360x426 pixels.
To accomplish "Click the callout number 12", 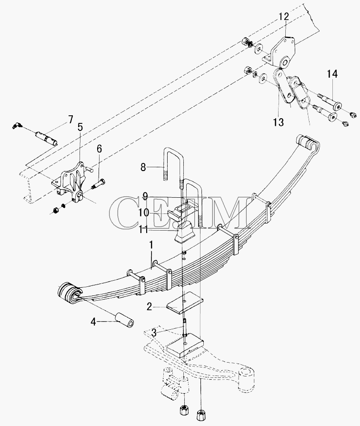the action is (x=284, y=17).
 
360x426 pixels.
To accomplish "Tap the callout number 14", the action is (x=332, y=74).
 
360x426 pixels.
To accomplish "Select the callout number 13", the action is (x=278, y=122).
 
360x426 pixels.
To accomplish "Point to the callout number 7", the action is (x=70, y=119).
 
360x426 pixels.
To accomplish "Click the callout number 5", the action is (x=80, y=127).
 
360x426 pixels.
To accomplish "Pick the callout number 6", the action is (x=99, y=149).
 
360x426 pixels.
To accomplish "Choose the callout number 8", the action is (x=143, y=167).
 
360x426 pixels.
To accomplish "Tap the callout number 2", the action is (x=150, y=307).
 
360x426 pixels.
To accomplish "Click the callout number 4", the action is (x=93, y=322).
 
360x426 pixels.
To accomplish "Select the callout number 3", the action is (x=154, y=333).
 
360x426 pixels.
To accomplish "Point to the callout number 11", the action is (x=143, y=230).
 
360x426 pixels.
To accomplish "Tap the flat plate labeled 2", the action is (x=185, y=303).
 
